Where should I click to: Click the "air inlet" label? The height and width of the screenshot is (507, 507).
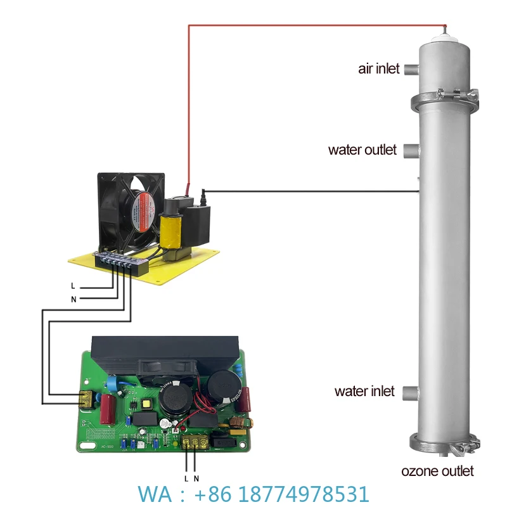(379, 68)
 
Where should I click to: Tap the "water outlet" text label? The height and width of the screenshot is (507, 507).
(362, 150)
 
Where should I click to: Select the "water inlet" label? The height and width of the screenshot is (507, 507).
(364, 391)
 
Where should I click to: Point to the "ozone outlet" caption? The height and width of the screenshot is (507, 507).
(437, 471)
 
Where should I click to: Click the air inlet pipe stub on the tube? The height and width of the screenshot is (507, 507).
(411, 68)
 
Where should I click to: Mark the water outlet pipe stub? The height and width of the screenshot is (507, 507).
(411, 151)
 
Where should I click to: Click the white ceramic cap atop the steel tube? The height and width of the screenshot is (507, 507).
(447, 38)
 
